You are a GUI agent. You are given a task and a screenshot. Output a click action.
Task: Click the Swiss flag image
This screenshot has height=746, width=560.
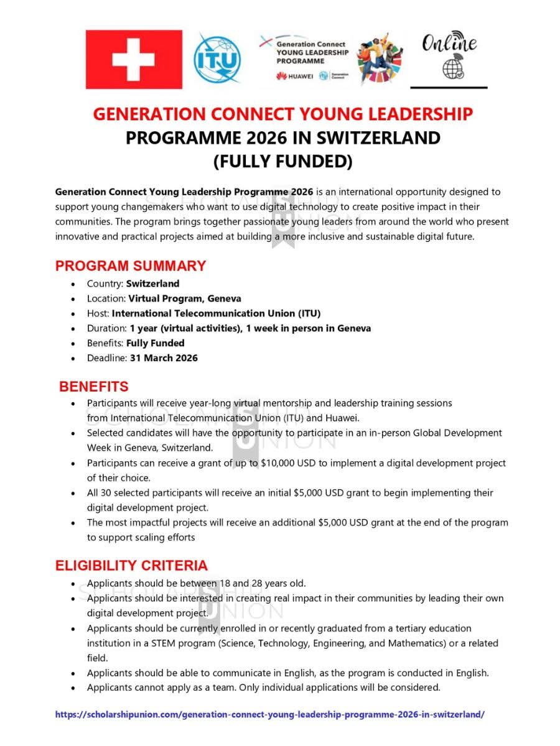point(134,59)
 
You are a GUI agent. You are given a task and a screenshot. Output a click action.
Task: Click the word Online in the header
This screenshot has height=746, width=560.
point(449,44)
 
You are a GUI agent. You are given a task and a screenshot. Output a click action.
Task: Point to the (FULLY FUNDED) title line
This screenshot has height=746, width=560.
point(282,162)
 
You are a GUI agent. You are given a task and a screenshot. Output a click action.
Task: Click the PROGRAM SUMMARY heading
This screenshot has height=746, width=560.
point(131,266)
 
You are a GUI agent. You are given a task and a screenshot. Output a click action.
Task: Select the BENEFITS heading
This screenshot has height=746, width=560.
point(93,387)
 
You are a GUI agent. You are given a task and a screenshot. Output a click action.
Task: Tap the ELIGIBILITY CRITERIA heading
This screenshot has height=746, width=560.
point(131,566)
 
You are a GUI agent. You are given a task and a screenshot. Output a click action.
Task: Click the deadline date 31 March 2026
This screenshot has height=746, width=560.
point(164,357)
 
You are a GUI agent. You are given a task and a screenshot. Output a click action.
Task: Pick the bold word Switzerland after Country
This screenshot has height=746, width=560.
point(152,283)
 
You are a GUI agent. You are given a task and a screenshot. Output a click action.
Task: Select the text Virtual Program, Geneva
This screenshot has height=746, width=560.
point(185,298)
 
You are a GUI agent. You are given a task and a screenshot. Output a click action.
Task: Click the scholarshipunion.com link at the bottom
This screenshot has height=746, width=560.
point(269,715)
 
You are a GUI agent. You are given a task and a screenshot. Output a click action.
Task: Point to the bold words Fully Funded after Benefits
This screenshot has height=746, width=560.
point(155,343)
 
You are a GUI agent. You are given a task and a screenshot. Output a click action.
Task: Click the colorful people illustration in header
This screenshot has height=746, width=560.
point(380,59)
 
